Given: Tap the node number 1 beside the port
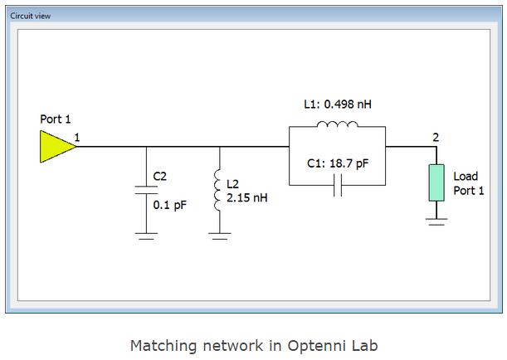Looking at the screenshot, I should [x=77, y=135].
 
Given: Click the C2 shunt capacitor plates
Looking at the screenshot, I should [x=147, y=190].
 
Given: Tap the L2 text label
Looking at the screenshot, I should [x=234, y=182].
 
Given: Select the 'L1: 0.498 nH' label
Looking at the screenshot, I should [x=337, y=105].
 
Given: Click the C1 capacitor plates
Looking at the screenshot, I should [x=336, y=188].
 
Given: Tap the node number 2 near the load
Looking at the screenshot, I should [x=435, y=135].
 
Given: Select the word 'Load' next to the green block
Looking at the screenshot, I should [x=466, y=176].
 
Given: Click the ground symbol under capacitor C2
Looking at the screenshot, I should [x=147, y=236].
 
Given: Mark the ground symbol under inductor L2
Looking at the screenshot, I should [x=219, y=236].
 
